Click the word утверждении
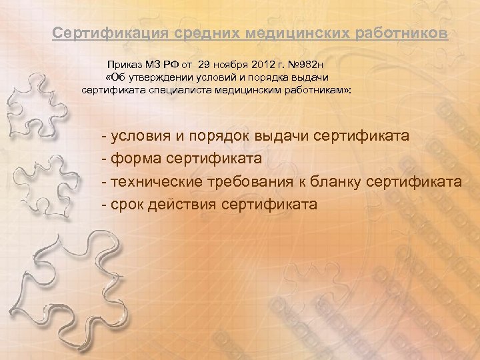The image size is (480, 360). [158, 77]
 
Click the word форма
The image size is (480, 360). [132, 159]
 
